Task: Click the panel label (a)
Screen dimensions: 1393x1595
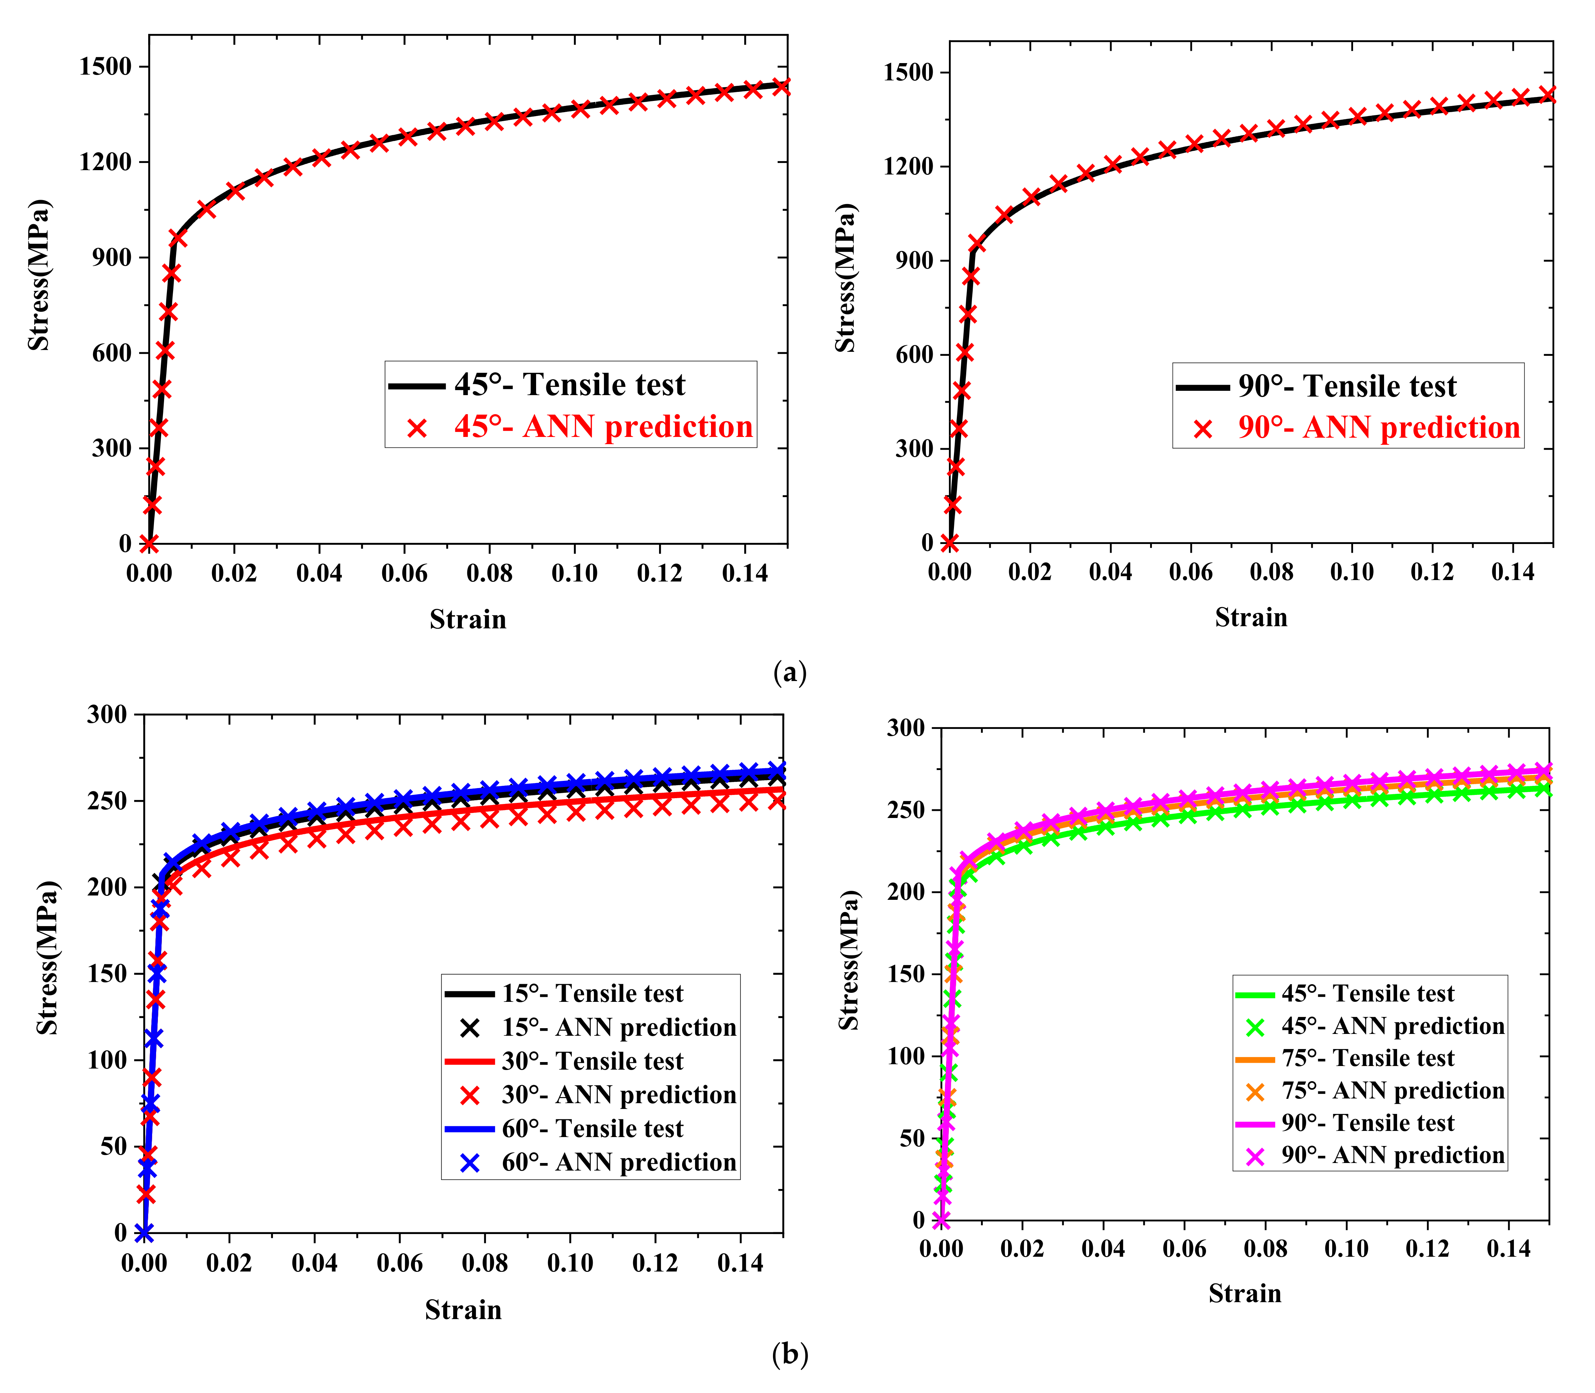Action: coord(790,672)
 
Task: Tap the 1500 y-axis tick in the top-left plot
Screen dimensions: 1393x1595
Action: coord(106,67)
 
